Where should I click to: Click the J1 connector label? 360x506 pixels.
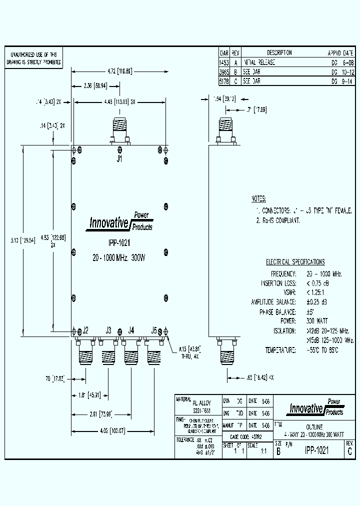(x=119, y=159)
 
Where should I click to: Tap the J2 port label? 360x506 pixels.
(x=85, y=330)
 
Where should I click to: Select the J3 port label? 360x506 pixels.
(x=108, y=330)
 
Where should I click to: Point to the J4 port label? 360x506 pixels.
(x=131, y=330)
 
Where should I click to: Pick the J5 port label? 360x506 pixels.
(x=154, y=330)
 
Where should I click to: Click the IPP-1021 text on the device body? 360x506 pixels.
(x=119, y=243)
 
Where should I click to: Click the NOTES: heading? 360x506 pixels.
(x=259, y=198)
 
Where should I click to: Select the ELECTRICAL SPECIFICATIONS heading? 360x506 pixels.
(x=295, y=262)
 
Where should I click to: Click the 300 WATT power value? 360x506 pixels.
(x=317, y=320)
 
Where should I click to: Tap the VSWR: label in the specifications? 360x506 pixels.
(x=289, y=292)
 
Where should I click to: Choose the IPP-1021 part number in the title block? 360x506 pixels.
(x=317, y=450)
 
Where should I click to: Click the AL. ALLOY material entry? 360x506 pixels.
(x=202, y=402)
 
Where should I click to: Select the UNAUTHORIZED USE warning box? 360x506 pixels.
(x=33, y=59)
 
